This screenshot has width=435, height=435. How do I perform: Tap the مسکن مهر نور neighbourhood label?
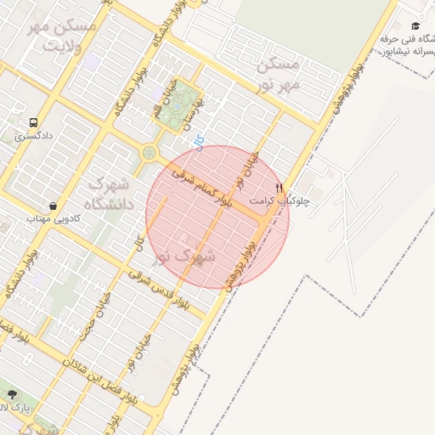point(278,74)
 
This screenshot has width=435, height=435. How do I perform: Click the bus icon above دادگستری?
point(33,122)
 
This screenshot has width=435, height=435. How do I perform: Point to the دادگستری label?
point(33,136)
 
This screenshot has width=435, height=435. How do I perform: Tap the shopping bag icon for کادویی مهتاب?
point(53,206)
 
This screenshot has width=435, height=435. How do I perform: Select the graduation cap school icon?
point(415,26)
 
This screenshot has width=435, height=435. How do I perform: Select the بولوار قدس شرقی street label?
point(161,289)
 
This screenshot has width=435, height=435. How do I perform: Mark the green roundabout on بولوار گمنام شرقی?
point(150,153)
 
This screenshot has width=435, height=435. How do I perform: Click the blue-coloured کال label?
point(199,144)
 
